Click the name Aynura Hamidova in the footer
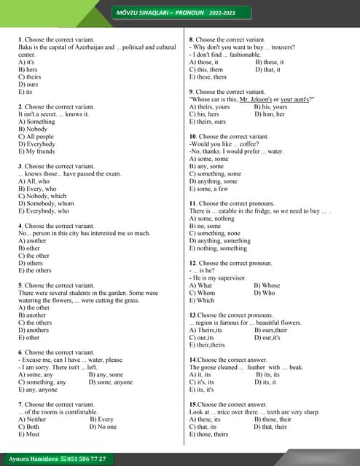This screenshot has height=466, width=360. tap(32, 459)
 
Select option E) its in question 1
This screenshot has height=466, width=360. tap(26, 92)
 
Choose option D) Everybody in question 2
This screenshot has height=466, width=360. tap(36, 144)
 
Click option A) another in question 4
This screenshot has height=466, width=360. tap(32, 241)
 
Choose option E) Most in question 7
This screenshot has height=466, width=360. tap(29, 434)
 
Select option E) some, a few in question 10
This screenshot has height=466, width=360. tap(208, 189)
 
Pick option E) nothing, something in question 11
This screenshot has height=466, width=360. tap(218, 248)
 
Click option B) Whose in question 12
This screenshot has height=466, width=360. tap(266, 285)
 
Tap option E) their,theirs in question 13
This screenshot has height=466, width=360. tap(207, 345)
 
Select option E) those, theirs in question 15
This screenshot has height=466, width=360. tap(208, 434)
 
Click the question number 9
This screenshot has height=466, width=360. tap(191, 92)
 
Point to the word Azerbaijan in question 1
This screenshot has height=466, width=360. tap(93, 47)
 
